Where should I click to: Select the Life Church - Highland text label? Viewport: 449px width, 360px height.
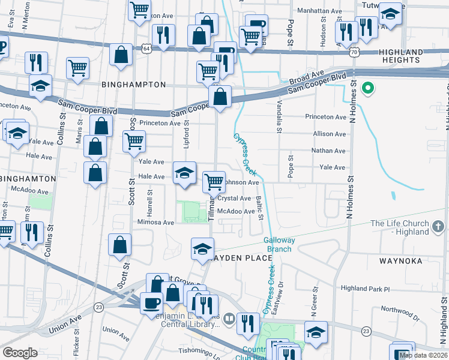point(400,228)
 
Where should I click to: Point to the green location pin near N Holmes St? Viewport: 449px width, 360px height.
point(368,89)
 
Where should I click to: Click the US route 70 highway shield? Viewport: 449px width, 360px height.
point(355,53)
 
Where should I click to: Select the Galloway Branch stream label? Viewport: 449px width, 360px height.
point(279,245)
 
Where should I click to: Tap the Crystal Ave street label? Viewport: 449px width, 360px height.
point(234,198)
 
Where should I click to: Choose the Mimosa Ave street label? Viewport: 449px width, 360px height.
point(155,222)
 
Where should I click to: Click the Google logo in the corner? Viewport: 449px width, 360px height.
point(19,353)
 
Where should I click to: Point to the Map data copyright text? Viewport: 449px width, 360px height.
point(424,355)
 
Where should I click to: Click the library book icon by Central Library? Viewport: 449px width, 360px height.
point(228,318)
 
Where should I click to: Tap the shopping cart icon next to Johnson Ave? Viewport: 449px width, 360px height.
point(214,182)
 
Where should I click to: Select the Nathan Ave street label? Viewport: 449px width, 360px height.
point(329,151)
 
